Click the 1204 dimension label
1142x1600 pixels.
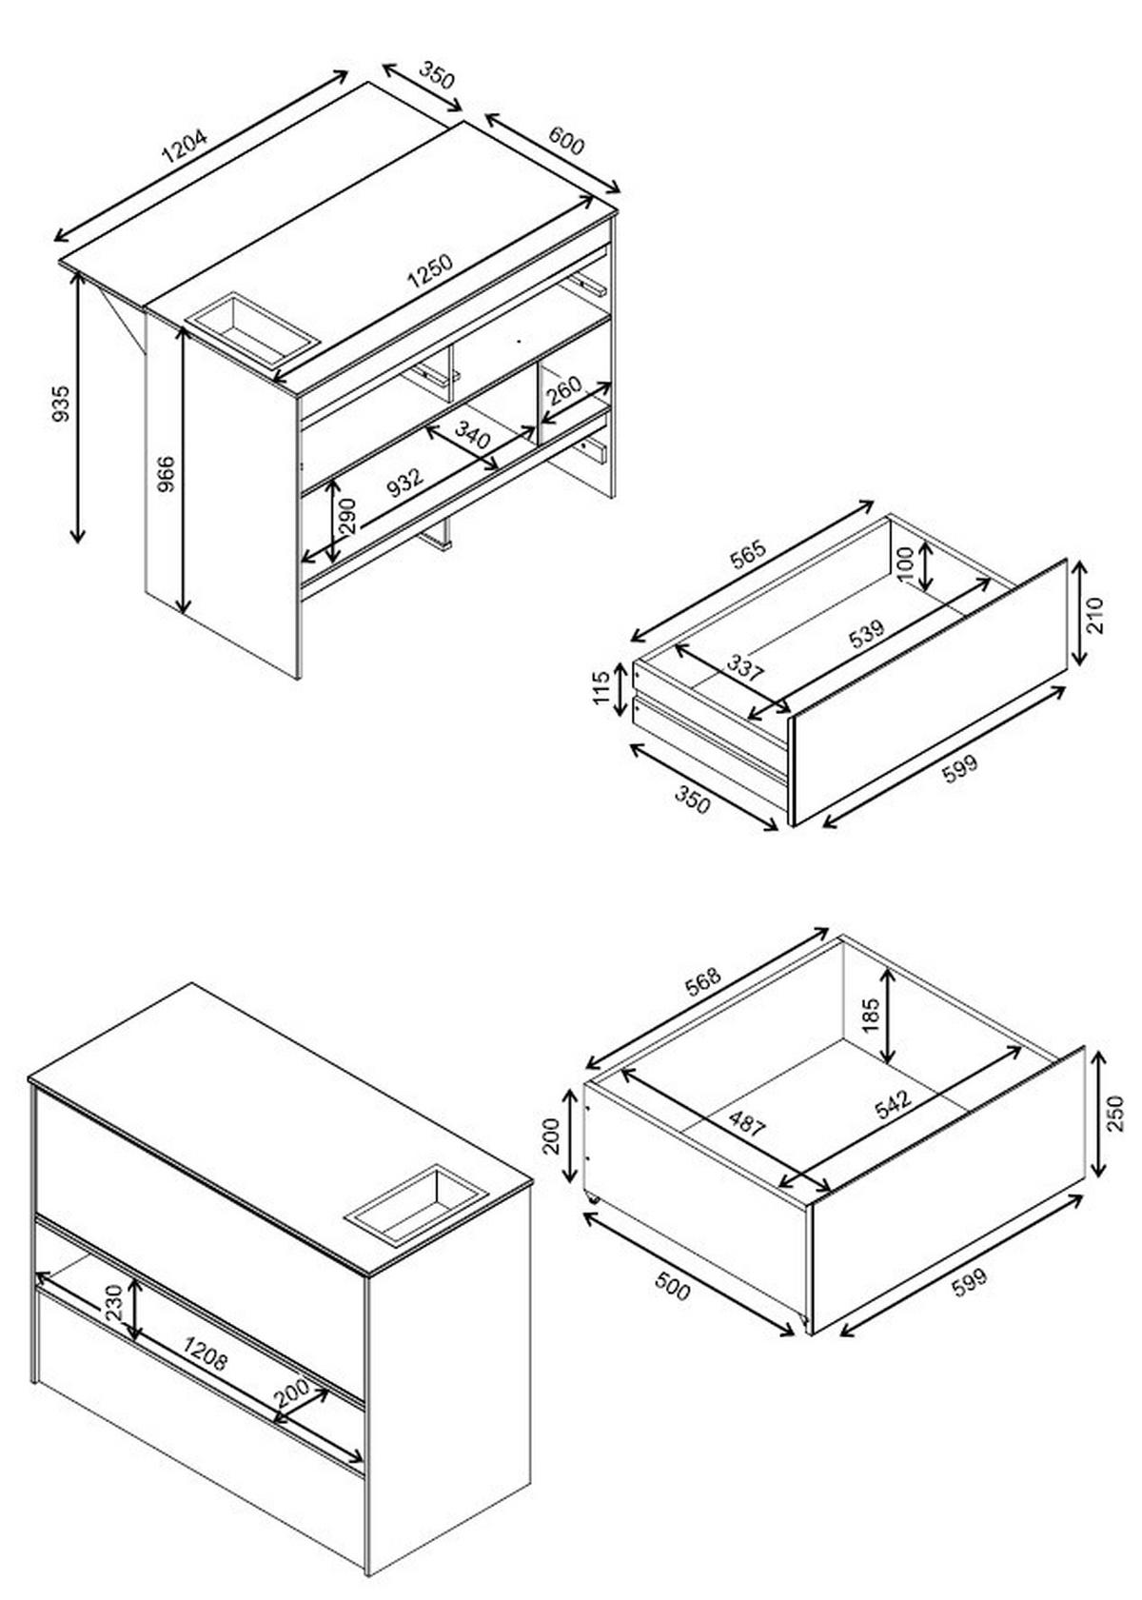pos(185,148)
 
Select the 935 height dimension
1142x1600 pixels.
pos(63,404)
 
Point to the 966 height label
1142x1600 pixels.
pos(166,473)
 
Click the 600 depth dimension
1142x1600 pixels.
pos(565,140)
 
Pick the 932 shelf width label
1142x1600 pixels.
pos(405,481)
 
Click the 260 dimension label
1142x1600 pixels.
pos(563,391)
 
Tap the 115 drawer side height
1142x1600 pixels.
pos(602,687)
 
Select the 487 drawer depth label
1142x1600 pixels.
pos(745,1123)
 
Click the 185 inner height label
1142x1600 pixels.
pos(872,1015)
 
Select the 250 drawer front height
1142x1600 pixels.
pos(1114,1114)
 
